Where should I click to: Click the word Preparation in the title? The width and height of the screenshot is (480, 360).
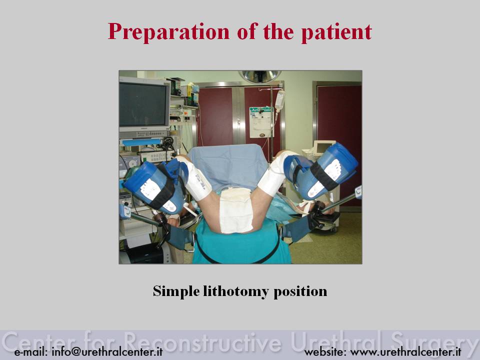[168, 32]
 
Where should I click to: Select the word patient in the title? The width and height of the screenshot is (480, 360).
[336, 32]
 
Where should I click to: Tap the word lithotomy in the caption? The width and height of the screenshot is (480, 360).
[235, 291]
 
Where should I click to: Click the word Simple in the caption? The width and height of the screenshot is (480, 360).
[176, 291]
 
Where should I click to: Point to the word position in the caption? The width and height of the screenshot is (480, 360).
[300, 291]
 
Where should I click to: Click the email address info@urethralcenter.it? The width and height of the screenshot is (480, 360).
[107, 351]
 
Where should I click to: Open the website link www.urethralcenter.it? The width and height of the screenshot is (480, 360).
[406, 351]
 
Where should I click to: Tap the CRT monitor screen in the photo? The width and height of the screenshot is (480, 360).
[143, 104]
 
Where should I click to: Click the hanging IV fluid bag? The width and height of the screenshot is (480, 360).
[279, 100]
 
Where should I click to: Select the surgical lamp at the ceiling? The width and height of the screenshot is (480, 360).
[260, 76]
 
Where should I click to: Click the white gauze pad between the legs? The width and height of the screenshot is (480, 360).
[236, 210]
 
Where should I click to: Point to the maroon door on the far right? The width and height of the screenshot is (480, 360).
[339, 128]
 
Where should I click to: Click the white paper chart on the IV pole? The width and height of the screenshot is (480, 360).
[260, 122]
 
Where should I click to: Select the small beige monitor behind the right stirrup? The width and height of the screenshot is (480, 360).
[322, 149]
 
